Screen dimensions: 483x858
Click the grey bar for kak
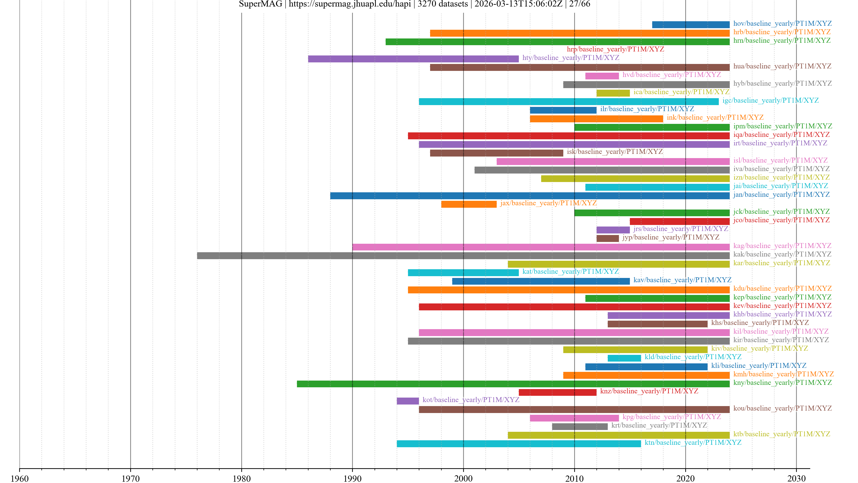463,256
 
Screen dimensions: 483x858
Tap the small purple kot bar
408,401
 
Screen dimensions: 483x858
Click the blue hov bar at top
690,25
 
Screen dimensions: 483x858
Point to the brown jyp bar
607,238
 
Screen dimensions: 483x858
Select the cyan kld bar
624,358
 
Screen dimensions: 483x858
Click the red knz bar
557,392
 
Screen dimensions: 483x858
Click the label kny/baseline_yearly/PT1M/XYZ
782,383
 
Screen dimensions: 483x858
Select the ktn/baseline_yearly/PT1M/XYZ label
693,443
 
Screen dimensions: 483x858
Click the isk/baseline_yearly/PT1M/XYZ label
614,152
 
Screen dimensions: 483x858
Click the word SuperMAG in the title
261,4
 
